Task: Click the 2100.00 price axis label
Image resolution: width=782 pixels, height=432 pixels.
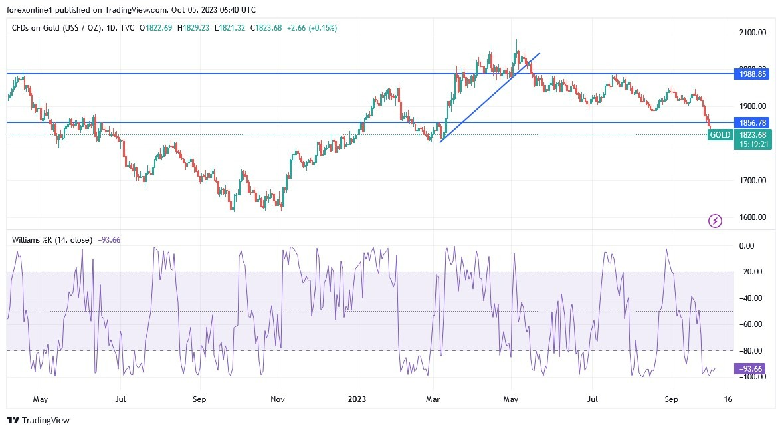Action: [753, 32]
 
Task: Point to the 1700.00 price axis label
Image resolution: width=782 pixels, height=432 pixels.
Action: [753, 180]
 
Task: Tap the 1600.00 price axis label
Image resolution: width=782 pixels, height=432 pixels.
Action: [753, 217]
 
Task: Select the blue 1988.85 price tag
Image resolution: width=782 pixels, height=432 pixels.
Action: [753, 74]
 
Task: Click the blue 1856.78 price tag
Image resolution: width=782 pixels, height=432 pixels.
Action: [753, 123]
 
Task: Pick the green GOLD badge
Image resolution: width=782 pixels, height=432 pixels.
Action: [720, 135]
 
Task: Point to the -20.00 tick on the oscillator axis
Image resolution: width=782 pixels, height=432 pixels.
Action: [750, 272]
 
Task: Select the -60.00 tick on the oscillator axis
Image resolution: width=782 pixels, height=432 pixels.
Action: [750, 324]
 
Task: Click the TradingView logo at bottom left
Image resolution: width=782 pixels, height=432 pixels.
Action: [38, 420]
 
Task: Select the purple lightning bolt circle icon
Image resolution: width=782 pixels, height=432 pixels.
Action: [715, 221]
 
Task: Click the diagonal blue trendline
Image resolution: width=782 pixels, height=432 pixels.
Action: [490, 97]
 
